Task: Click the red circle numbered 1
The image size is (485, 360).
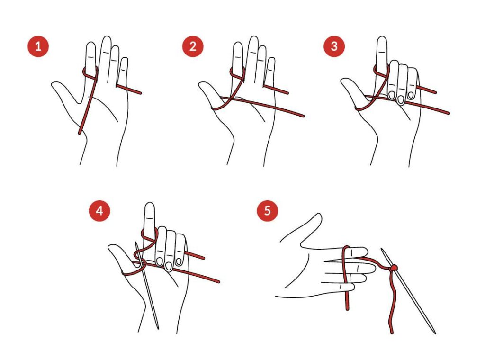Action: [38, 46]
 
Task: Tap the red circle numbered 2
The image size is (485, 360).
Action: [193, 46]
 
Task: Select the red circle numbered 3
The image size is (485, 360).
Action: [334, 46]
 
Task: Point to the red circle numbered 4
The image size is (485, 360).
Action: [99, 211]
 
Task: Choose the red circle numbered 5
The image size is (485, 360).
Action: [267, 211]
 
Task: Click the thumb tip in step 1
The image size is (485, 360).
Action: [53, 84]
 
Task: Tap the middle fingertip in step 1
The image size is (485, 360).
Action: [107, 37]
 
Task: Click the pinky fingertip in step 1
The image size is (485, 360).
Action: [125, 59]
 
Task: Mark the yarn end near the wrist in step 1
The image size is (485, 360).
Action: [80, 133]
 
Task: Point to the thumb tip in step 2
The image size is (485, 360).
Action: [200, 84]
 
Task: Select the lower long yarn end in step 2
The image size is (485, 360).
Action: [304, 116]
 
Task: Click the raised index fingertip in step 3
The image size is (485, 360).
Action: [382, 38]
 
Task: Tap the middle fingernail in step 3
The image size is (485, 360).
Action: [401, 99]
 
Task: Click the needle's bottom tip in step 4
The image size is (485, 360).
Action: [158, 328]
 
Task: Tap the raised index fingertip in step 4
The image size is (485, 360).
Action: [150, 204]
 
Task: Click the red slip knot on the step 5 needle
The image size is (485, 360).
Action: [393, 268]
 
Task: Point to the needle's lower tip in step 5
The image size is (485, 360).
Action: [435, 333]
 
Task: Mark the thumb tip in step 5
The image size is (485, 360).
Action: [319, 216]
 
